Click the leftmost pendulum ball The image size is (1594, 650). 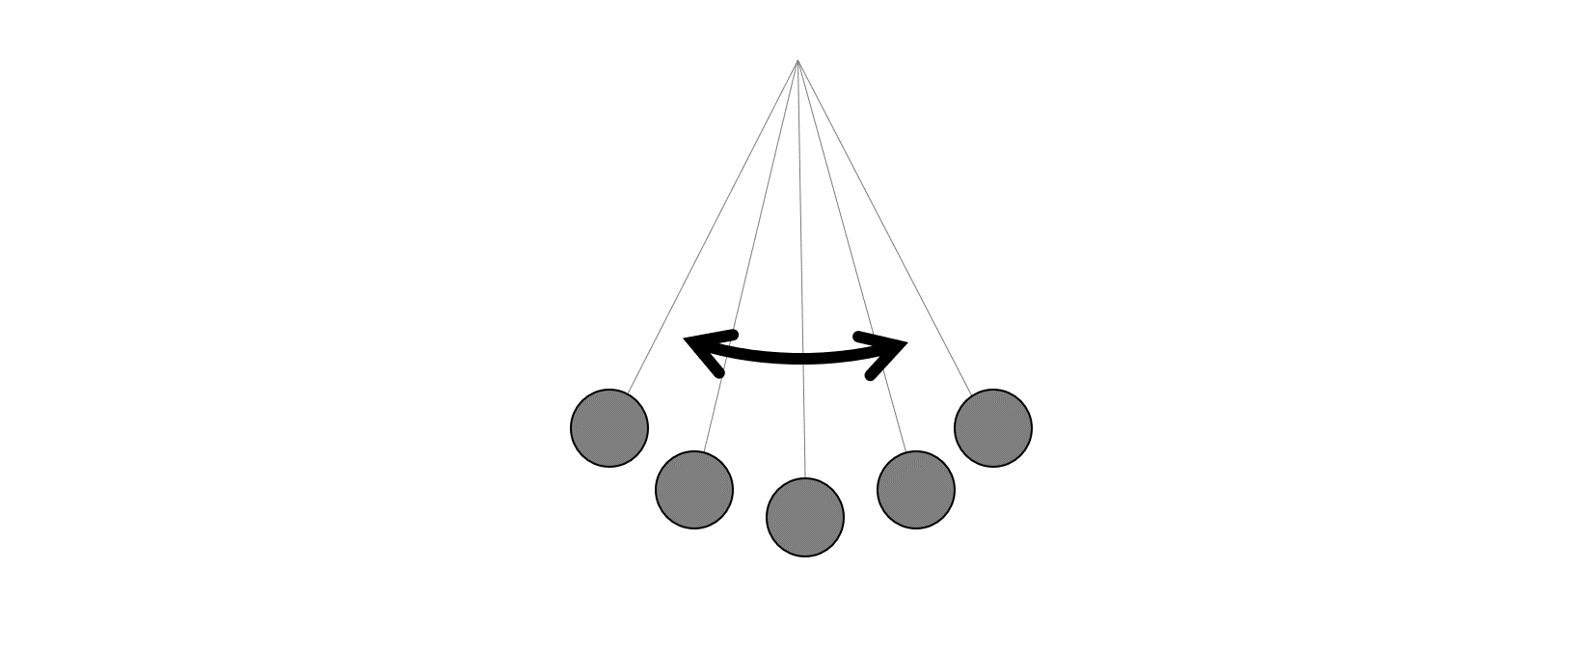tap(609, 428)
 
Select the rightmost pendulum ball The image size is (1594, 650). tap(993, 428)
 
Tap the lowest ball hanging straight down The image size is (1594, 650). tap(805, 517)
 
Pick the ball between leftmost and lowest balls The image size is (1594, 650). tap(694, 489)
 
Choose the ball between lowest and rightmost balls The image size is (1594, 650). tap(916, 489)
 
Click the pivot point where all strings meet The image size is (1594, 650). tap(797, 62)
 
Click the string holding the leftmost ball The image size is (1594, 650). tap(714, 227)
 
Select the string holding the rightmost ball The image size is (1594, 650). tap(884, 227)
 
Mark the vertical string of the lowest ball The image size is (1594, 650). tap(801, 241)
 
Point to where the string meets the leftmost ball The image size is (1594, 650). tap(629, 393)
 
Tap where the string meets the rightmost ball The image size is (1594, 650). tap(972, 394)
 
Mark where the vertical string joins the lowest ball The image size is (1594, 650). tap(805, 478)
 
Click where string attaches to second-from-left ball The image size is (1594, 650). tap(704, 451)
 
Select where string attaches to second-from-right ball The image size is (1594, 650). tap(905, 451)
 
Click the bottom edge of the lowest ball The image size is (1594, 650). tap(805, 555)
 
